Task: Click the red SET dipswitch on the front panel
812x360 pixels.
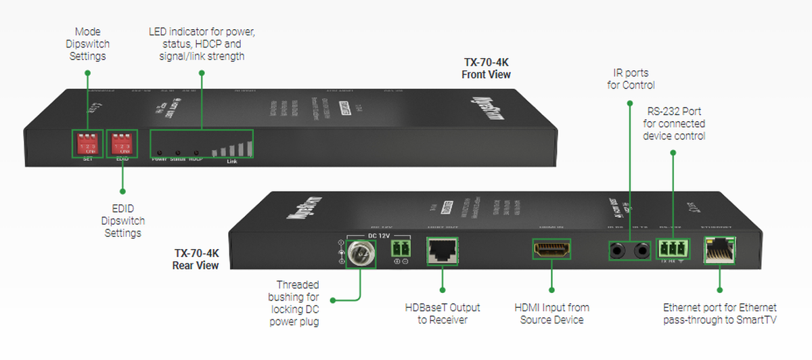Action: point(87,143)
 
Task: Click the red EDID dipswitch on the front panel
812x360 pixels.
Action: point(122,143)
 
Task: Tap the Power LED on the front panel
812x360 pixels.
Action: point(159,152)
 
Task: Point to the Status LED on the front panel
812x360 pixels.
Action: point(177,152)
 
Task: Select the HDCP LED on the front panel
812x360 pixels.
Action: point(196,152)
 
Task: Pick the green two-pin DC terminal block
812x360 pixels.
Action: point(401,250)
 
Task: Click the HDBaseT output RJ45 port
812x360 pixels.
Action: point(442,250)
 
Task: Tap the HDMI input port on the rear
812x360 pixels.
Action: point(551,250)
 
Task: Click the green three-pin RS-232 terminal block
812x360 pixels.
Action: point(673,249)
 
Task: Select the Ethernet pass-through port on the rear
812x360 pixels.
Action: point(719,251)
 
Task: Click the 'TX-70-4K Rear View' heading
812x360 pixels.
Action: point(196,259)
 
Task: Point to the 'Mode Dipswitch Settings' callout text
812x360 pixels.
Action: point(87,44)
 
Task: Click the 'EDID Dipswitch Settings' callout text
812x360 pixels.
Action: point(122,221)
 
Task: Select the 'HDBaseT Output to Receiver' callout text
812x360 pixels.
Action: point(442,313)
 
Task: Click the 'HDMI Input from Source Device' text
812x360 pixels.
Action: point(551,313)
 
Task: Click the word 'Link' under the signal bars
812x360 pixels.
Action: point(232,161)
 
